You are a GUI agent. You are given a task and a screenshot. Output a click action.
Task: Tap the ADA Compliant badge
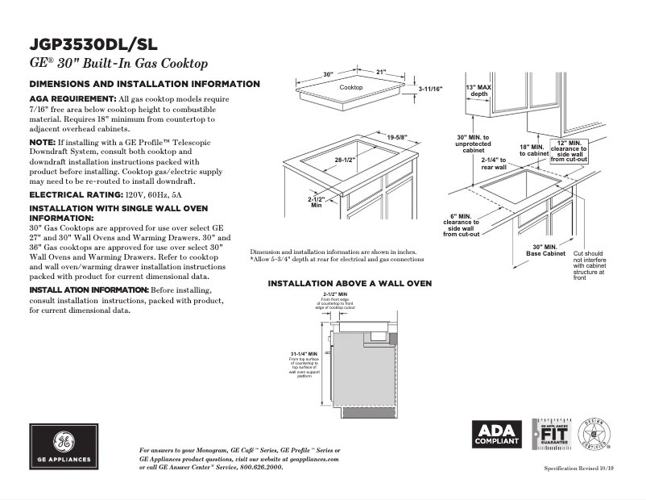click(x=495, y=434)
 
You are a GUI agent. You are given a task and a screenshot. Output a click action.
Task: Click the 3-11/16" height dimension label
click(x=432, y=90)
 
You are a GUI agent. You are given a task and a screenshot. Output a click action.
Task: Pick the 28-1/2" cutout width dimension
click(x=345, y=160)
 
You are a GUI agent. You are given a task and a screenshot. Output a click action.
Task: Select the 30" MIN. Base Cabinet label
click(x=545, y=250)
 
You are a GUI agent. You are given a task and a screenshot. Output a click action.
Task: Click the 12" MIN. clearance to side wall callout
click(x=569, y=151)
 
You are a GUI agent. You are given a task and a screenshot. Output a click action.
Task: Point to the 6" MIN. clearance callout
click(x=461, y=225)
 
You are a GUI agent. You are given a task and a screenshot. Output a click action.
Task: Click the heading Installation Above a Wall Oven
click(x=350, y=284)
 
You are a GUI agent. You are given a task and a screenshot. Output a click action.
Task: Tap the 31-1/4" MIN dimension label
click(x=304, y=354)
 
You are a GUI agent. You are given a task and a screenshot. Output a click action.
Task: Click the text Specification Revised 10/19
click(x=578, y=468)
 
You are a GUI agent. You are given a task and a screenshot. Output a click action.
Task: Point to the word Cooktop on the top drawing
click(x=350, y=87)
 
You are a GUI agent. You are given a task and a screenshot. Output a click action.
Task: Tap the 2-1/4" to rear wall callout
click(x=494, y=164)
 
